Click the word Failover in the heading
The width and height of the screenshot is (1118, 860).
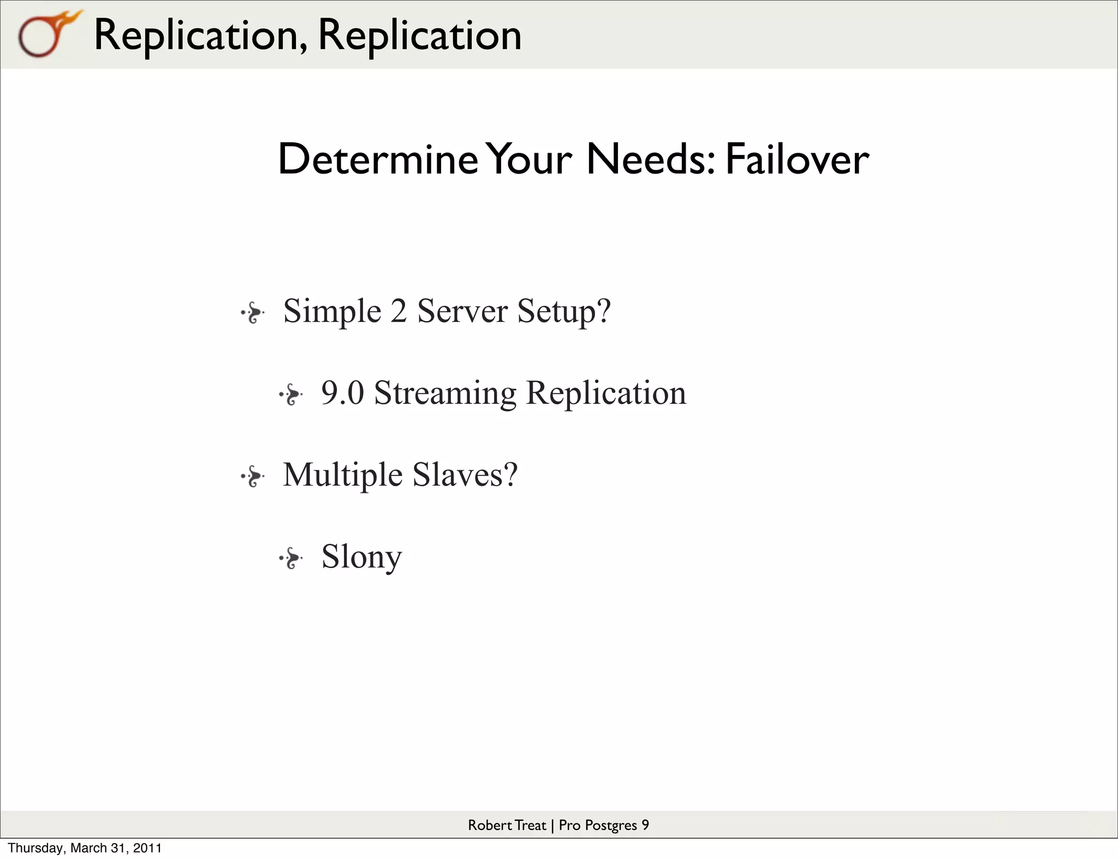click(x=797, y=159)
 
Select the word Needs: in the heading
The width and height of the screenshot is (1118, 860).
click(x=650, y=159)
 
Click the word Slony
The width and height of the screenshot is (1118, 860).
click(x=361, y=557)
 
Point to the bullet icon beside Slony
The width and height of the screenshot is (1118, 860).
click(x=291, y=558)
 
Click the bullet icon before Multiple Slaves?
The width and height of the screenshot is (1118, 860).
click(x=253, y=476)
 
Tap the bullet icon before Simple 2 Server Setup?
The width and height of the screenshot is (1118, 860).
click(x=253, y=313)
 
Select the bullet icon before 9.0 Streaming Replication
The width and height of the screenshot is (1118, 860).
click(x=291, y=395)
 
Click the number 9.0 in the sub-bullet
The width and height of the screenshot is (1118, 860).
click(x=342, y=393)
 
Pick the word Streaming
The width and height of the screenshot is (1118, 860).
click(x=445, y=394)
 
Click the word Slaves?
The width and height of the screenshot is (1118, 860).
click(x=465, y=475)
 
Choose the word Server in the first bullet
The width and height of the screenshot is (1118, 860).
click(x=462, y=311)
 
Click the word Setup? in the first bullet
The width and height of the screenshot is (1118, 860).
click(x=564, y=312)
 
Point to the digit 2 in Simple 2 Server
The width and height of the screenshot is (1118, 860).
click(x=399, y=311)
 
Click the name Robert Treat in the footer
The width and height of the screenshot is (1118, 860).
click(x=507, y=825)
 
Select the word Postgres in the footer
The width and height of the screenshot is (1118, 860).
click(x=610, y=826)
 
